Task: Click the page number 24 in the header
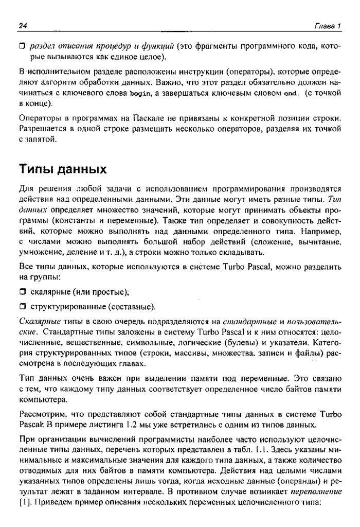[23, 26]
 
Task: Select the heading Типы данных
[63, 169]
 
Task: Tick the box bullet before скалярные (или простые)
[22, 292]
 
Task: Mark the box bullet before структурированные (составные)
[22, 307]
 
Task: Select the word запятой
[39, 138]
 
